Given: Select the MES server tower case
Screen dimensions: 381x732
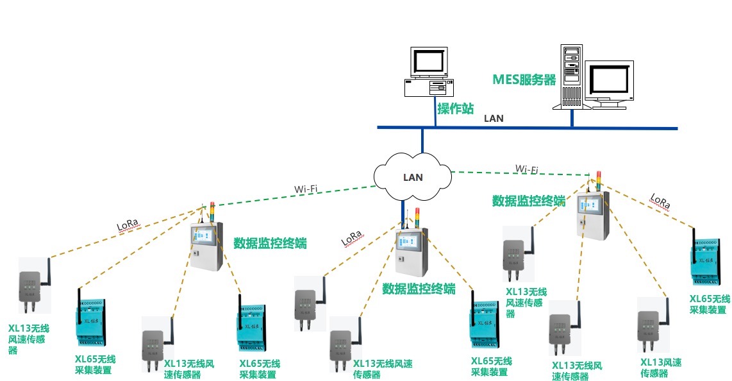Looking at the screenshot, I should (570, 77).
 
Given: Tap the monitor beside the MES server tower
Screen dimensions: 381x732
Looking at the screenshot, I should (611, 81).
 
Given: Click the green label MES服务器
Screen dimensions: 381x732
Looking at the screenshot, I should (524, 80).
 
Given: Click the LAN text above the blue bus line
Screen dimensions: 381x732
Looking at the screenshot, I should (493, 118).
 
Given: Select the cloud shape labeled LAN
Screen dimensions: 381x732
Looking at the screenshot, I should (412, 176).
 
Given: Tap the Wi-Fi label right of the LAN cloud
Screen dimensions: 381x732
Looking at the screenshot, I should (526, 169).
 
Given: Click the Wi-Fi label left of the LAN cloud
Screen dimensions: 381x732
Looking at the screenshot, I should (306, 189).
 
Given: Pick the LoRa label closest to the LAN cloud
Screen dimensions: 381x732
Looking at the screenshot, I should (351, 238).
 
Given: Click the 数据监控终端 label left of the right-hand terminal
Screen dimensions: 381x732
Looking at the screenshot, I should (528, 201).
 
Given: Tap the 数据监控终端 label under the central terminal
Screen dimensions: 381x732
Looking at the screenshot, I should (419, 289).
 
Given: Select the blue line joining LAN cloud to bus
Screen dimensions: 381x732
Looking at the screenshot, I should (422, 141).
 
